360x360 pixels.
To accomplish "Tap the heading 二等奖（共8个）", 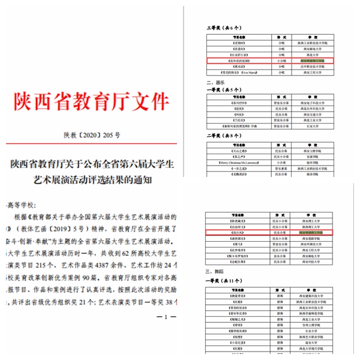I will coord(223,137).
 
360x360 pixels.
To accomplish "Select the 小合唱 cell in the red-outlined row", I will coord(282,61).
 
